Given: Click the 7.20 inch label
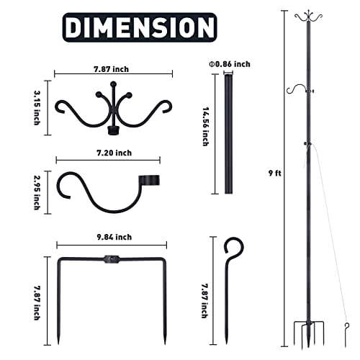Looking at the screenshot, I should click(114, 153).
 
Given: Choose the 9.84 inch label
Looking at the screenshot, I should click(114, 236).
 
